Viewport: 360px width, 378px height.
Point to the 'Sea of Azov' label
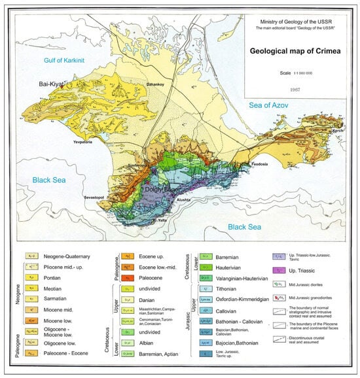point(270,105)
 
